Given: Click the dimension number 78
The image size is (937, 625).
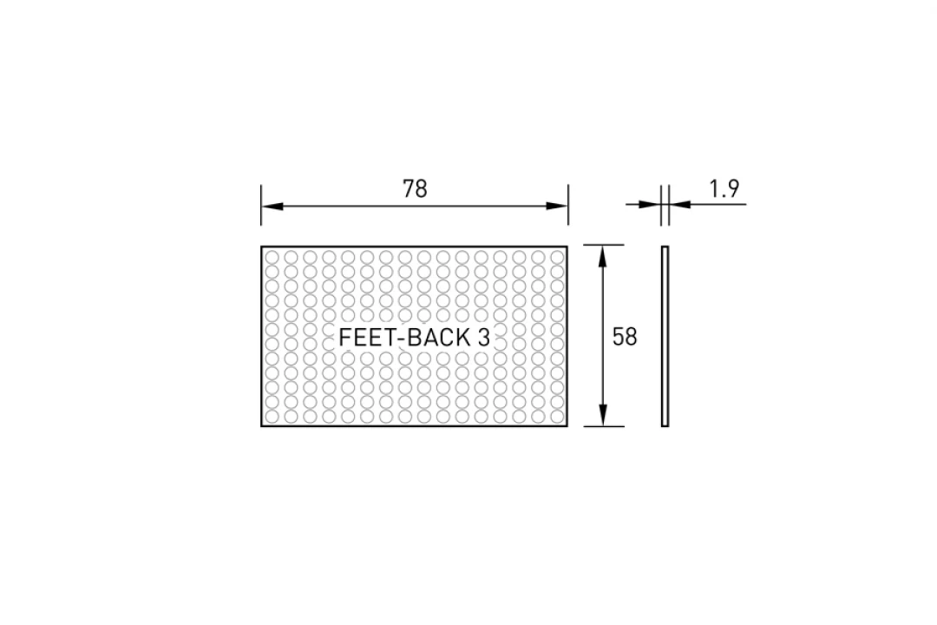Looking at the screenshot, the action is pyautogui.click(x=415, y=189).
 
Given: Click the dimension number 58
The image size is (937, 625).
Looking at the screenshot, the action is pyautogui.click(x=625, y=338).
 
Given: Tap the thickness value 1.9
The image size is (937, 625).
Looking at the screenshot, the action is pyautogui.click(x=724, y=189).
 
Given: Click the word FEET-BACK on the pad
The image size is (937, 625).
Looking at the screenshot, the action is pyautogui.click(x=404, y=338).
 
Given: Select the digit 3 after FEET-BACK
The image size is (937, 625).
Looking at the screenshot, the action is pyautogui.click(x=484, y=338).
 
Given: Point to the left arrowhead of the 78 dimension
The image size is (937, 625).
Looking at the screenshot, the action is pyautogui.click(x=272, y=207).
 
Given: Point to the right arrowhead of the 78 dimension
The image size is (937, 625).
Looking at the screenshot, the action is pyautogui.click(x=557, y=207).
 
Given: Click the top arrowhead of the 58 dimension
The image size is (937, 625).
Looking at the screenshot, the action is pyautogui.click(x=603, y=256).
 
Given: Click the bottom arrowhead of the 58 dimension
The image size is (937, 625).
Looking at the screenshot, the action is pyautogui.click(x=603, y=416).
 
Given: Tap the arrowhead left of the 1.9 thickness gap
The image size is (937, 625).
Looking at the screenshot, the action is pyautogui.click(x=650, y=205).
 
